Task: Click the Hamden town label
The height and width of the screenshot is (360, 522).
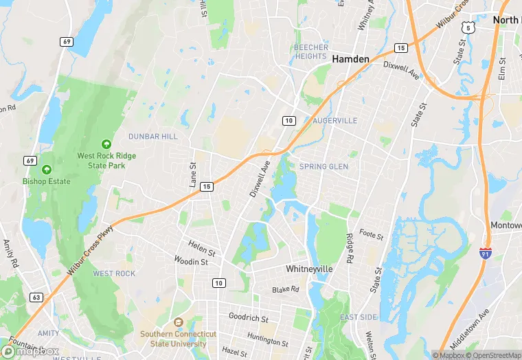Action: [350, 59]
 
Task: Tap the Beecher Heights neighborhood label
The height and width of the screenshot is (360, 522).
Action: [311, 52]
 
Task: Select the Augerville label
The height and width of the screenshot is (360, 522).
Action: [335, 120]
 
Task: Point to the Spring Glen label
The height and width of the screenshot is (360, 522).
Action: [324, 166]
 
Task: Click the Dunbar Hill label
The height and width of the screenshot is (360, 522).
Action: [152, 137]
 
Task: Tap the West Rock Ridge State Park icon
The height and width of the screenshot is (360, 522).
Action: [106, 144]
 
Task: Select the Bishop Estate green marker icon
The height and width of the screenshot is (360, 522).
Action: [47, 169]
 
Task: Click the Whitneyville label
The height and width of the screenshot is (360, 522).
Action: [309, 269]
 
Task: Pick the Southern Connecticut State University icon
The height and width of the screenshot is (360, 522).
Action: [179, 323]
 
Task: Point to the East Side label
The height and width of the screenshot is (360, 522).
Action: [358, 317]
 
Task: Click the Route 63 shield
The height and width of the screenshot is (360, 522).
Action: [36, 297]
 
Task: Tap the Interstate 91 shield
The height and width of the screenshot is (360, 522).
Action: [486, 255]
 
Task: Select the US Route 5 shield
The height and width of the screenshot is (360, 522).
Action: [468, 26]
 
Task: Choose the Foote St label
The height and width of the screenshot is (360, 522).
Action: [371, 235]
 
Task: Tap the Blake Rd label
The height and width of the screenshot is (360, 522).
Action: [286, 290]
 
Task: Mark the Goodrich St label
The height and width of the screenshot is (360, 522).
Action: [248, 317]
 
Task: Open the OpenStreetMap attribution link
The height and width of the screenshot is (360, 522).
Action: [494, 355]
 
